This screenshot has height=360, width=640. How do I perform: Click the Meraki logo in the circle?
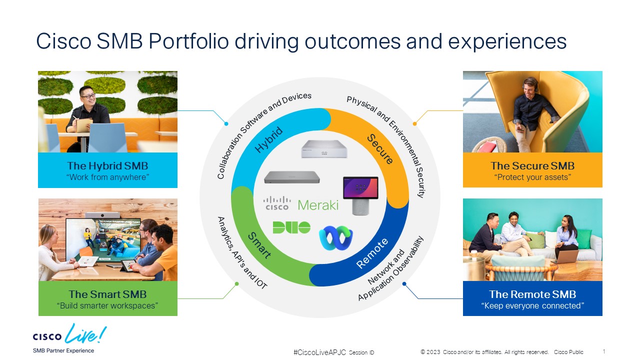(318, 205)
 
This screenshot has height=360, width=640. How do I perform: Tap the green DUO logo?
(291, 227)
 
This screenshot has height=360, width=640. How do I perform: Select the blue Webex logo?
(336, 237)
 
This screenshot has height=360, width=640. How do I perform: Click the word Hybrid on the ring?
(269, 140)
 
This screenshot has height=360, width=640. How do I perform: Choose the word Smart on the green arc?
(259, 245)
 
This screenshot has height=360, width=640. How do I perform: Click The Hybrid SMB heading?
(107, 165)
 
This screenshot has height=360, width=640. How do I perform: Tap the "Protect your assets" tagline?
(532, 177)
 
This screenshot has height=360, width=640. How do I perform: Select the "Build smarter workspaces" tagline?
(107, 305)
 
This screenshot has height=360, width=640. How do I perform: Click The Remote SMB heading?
(532, 294)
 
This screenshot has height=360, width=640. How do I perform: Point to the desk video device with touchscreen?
(360, 195)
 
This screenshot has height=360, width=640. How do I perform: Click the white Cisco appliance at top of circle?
(320, 149)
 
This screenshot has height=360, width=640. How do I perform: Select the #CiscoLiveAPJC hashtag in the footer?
(319, 352)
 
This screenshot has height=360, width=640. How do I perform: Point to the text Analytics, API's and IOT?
(242, 252)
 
